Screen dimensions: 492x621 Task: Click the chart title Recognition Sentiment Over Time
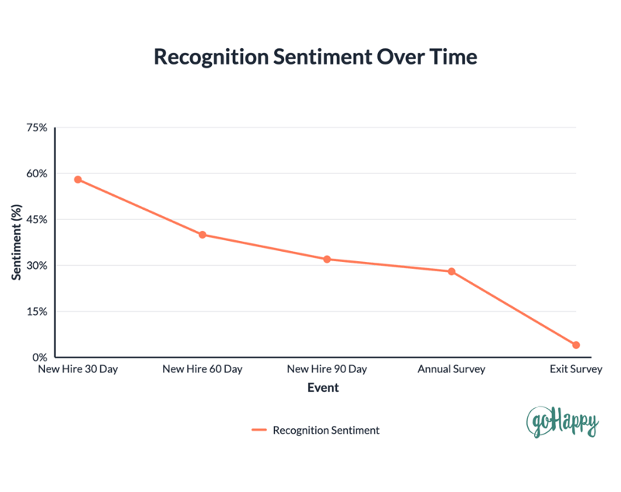314,58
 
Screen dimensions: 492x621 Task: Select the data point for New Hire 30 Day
78,180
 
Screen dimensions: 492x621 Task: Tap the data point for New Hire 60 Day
203,235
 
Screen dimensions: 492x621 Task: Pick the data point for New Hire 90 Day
327,259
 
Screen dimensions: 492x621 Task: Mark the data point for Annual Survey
451,271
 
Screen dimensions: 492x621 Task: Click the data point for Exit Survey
576,345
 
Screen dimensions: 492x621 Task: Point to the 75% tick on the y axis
36,127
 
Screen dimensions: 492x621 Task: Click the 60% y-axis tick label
36,173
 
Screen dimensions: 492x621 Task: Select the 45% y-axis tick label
36,219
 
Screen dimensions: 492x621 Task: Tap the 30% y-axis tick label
36,265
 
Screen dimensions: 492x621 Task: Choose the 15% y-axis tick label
36,312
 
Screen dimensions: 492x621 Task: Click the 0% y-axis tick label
40,358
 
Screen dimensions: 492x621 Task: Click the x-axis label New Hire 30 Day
78,369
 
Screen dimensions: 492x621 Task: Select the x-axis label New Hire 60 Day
203,369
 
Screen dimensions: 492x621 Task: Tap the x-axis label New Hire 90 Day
327,369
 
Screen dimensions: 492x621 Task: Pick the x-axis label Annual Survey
451,369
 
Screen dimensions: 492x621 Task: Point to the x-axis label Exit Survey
575,369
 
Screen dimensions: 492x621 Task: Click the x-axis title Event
323,387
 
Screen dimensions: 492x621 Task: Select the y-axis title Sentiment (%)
16,243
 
